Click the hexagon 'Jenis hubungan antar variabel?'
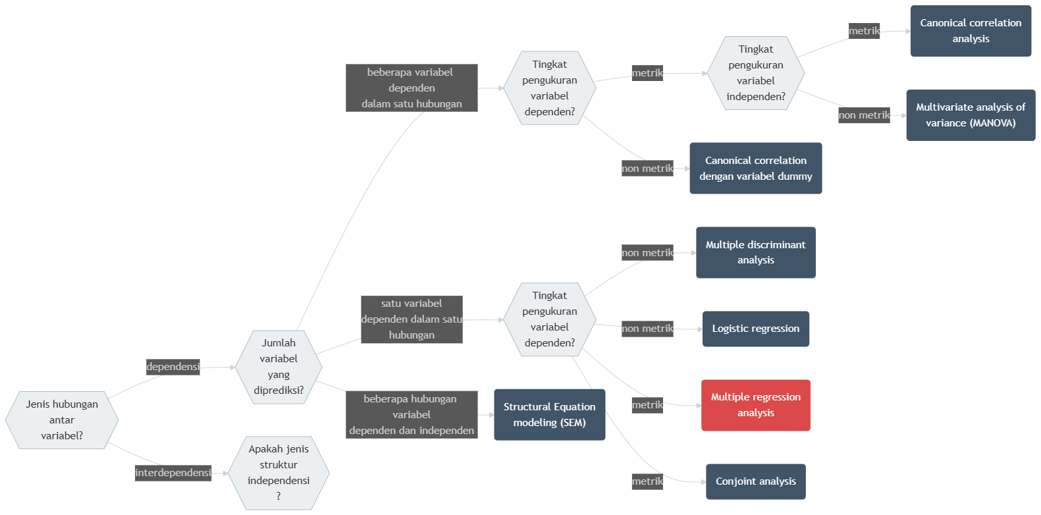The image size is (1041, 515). (62, 420)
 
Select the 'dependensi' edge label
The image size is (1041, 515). (173, 367)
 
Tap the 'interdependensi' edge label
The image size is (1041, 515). (173, 473)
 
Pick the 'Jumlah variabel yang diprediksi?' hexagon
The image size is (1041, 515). (279, 367)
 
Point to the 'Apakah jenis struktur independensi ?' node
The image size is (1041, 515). (279, 473)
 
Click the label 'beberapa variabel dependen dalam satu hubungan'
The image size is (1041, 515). (412, 88)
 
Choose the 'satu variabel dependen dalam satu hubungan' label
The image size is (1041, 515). (412, 319)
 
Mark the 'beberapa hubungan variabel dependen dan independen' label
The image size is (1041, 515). (412, 415)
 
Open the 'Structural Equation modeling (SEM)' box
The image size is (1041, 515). (549, 415)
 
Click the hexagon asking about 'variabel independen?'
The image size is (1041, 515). (755, 73)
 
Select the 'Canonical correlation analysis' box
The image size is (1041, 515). (971, 31)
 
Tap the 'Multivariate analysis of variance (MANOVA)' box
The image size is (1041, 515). (971, 115)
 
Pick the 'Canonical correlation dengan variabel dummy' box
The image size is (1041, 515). (755, 169)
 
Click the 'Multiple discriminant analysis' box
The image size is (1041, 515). (755, 252)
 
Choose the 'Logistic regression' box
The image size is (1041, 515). (755, 329)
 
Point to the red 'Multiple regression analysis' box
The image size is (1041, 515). (755, 405)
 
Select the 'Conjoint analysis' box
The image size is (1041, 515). (755, 481)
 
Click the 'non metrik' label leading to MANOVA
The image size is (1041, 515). (864, 115)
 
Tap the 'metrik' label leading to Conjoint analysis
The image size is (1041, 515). (647, 481)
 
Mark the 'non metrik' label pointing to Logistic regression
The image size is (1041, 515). (647, 329)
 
